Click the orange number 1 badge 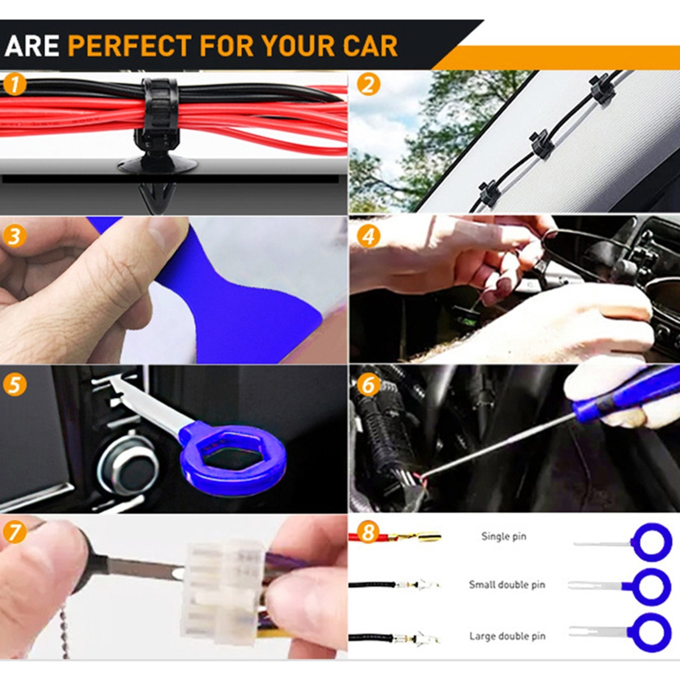tap(15, 86)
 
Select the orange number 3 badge tap(15, 236)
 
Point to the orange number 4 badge tap(368, 236)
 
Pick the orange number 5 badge tap(15, 384)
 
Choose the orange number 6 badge tap(368, 384)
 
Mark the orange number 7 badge tap(15, 533)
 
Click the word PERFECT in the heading tap(130, 45)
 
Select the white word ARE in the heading tap(32, 45)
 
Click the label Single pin tap(504, 537)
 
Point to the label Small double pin tap(507, 585)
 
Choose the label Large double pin tap(507, 636)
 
